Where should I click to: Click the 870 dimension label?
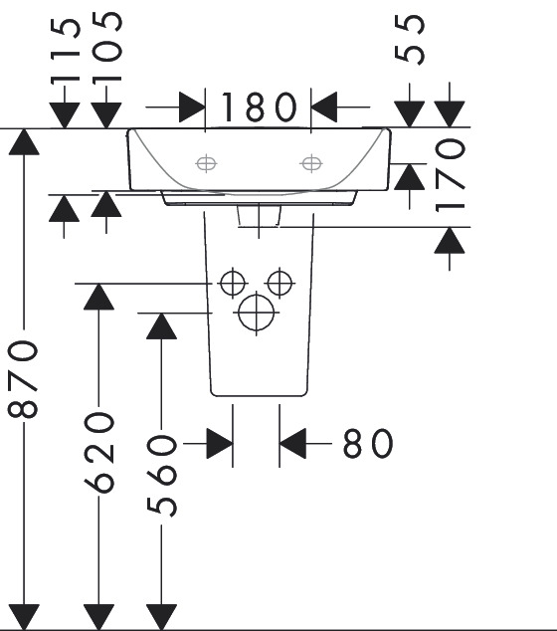point(23,378)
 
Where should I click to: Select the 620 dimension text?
point(98,452)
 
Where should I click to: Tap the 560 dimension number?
point(161,476)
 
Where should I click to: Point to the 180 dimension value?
point(259,106)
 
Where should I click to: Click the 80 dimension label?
point(368,443)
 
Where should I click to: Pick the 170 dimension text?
point(450,174)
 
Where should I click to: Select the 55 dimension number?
point(410,39)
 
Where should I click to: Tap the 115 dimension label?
point(66,51)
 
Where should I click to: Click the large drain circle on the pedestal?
point(257,313)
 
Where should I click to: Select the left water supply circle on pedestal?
point(233,283)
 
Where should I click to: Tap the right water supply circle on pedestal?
point(279,283)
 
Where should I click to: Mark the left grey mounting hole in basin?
point(206,163)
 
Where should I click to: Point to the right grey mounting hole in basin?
point(311,163)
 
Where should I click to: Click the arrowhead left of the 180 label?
point(192,107)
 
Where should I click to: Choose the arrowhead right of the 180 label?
point(323,107)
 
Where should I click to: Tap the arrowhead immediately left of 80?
point(292,444)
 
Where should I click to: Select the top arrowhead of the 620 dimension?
point(98,297)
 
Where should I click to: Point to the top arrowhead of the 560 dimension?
point(161,326)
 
